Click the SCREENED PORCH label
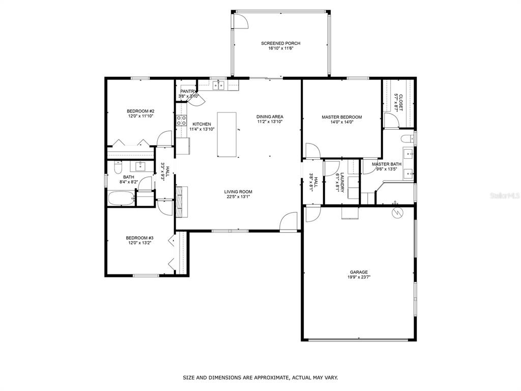point(280,43)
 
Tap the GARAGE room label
point(359,272)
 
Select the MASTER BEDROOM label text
point(341,117)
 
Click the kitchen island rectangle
point(227,134)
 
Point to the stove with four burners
point(182,121)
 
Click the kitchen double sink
point(218,86)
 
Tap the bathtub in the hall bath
point(121,199)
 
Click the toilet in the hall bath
point(118,167)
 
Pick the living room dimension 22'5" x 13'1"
point(238,197)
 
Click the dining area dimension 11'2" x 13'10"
point(270,122)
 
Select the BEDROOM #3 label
point(139,238)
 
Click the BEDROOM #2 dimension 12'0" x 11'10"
point(140,116)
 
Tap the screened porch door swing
point(241,20)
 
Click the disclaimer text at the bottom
point(260,377)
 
